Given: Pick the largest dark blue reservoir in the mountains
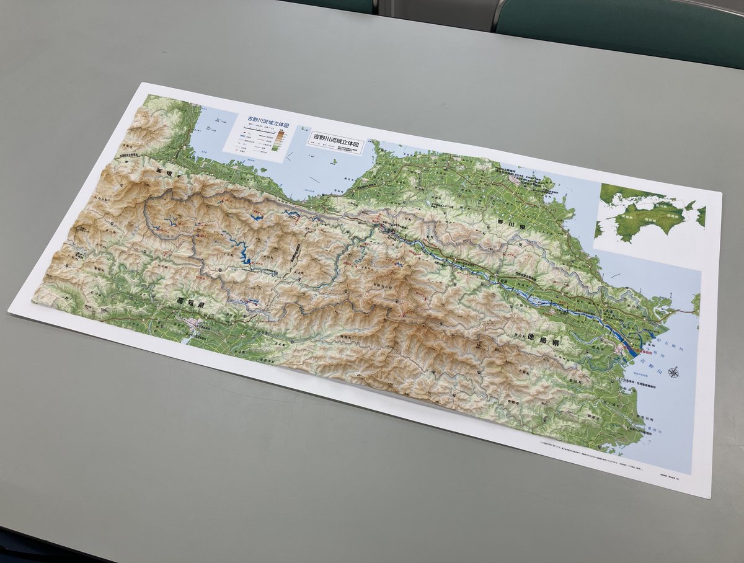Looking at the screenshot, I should click(245, 255).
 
